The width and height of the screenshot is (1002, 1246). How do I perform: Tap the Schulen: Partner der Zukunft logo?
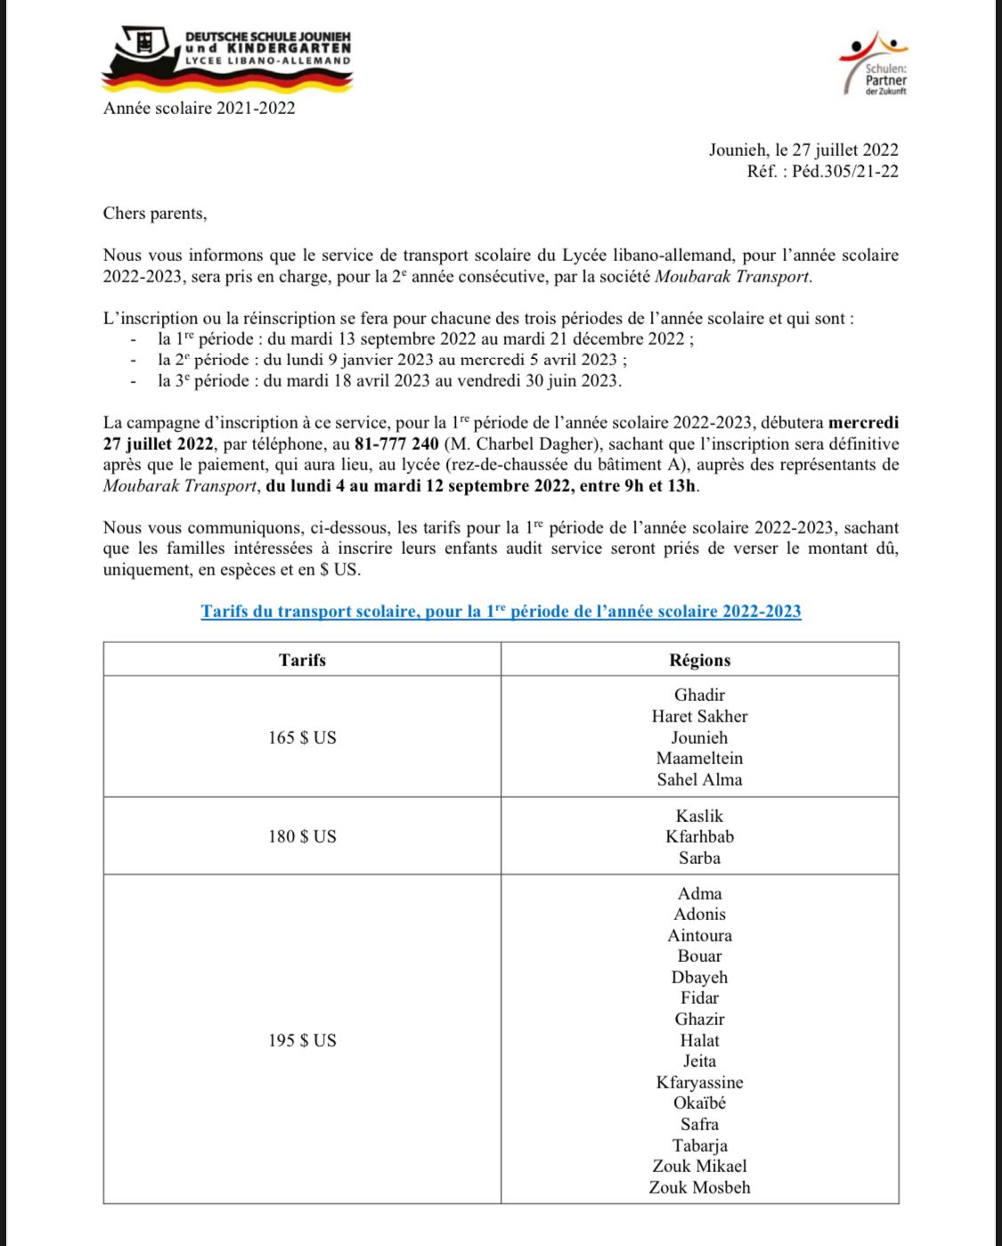pos(874,63)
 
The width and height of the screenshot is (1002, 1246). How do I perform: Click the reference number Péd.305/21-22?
pos(845,172)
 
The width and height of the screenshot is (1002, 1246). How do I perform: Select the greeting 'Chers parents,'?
pos(155,214)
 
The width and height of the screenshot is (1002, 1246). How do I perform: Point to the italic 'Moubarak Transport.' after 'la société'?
pos(734,276)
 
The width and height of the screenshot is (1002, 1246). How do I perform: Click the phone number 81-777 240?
pos(396,444)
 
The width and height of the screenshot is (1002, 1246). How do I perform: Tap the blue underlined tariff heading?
pos(501,612)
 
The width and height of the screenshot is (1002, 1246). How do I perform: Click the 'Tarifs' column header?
pos(302,660)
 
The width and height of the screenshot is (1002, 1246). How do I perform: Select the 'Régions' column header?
pos(700,660)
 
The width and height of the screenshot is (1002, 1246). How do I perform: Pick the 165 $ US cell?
pos(302,737)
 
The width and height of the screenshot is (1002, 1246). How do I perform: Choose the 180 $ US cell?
pos(302,836)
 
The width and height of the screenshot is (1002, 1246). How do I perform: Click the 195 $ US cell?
pos(302,1040)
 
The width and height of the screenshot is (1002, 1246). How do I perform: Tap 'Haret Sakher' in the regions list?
pos(700,716)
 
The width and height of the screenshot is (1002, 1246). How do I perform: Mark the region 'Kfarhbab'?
pos(700,836)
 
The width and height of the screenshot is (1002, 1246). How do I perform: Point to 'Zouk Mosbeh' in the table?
pos(700,1187)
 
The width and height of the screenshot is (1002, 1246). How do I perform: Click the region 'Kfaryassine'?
pos(700,1082)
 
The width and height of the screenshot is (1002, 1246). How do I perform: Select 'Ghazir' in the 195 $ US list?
pos(700,1019)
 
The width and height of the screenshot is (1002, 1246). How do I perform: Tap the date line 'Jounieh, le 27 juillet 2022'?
pos(803,151)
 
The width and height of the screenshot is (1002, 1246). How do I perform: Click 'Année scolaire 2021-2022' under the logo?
pos(200,109)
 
